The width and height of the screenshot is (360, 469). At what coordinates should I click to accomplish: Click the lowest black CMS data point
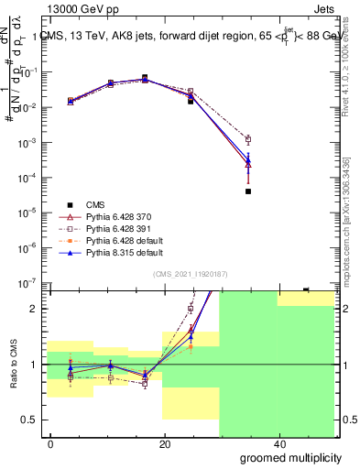[248, 191]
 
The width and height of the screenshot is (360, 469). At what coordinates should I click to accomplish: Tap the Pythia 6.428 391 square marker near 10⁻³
[248, 139]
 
